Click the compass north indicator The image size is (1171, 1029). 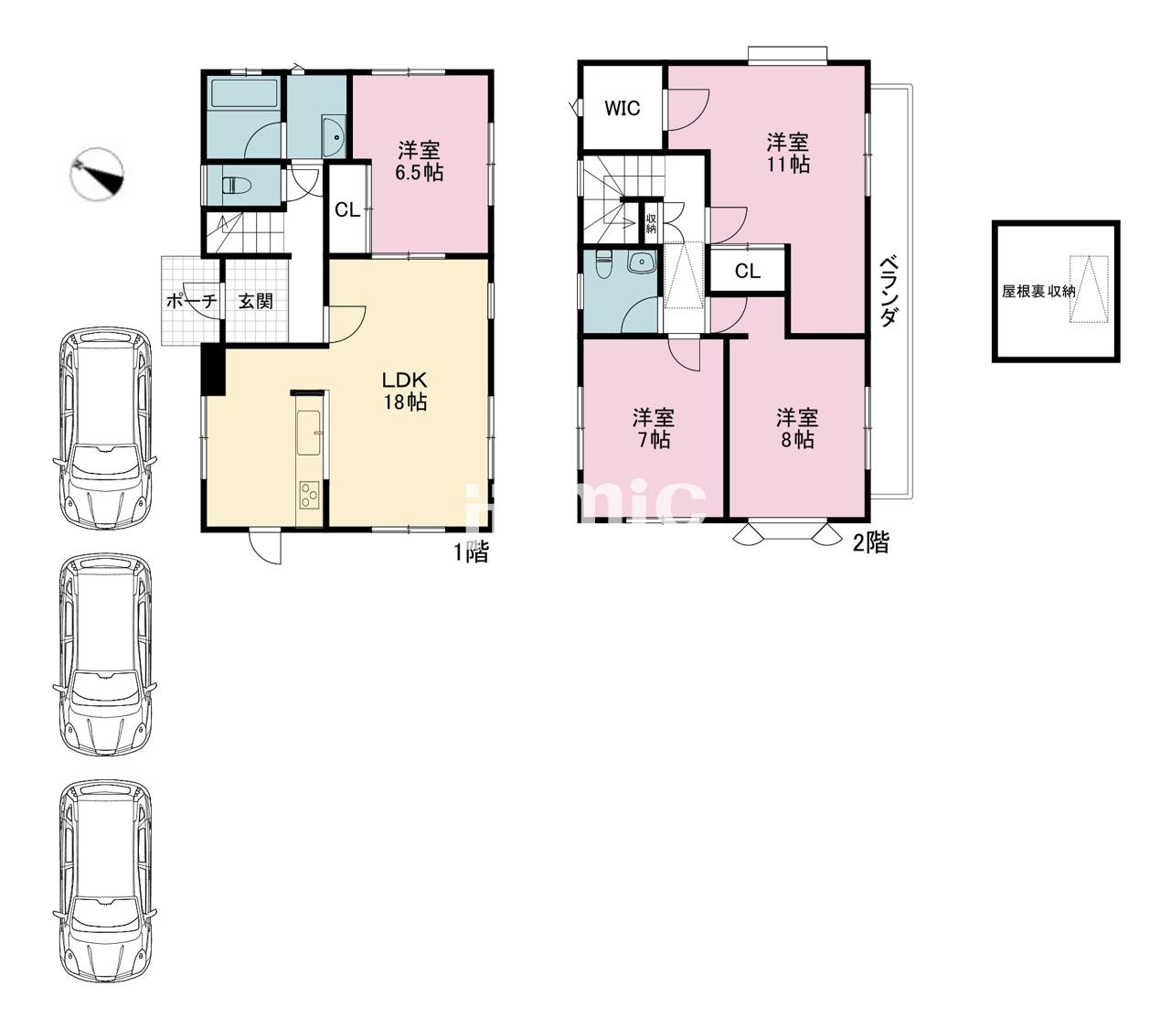pyautogui.click(x=97, y=174)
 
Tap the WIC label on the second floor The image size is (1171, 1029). pyautogui.click(x=622, y=108)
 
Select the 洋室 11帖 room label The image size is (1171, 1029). pyautogui.click(x=787, y=153)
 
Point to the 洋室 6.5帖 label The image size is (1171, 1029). pyautogui.click(x=419, y=161)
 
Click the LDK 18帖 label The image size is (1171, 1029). pyautogui.click(x=405, y=391)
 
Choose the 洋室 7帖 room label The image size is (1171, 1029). pyautogui.click(x=653, y=428)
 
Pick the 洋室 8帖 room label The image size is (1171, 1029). pyautogui.click(x=797, y=428)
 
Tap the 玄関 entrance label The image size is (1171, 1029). pyautogui.click(x=255, y=301)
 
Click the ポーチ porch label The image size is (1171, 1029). pyautogui.click(x=191, y=301)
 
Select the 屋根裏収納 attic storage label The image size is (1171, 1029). pyautogui.click(x=1038, y=291)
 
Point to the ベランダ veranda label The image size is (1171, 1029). pyautogui.click(x=889, y=291)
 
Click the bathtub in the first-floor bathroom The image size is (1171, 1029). pyautogui.click(x=245, y=93)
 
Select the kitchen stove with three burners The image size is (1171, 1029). pyautogui.click(x=309, y=495)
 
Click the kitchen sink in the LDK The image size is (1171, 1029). pyautogui.click(x=309, y=433)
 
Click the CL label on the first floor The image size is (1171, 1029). pyautogui.click(x=347, y=210)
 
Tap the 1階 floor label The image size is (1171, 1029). pyautogui.click(x=471, y=551)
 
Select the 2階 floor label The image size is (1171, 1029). pyautogui.click(x=871, y=542)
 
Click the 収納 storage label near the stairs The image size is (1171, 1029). pyautogui.click(x=652, y=223)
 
